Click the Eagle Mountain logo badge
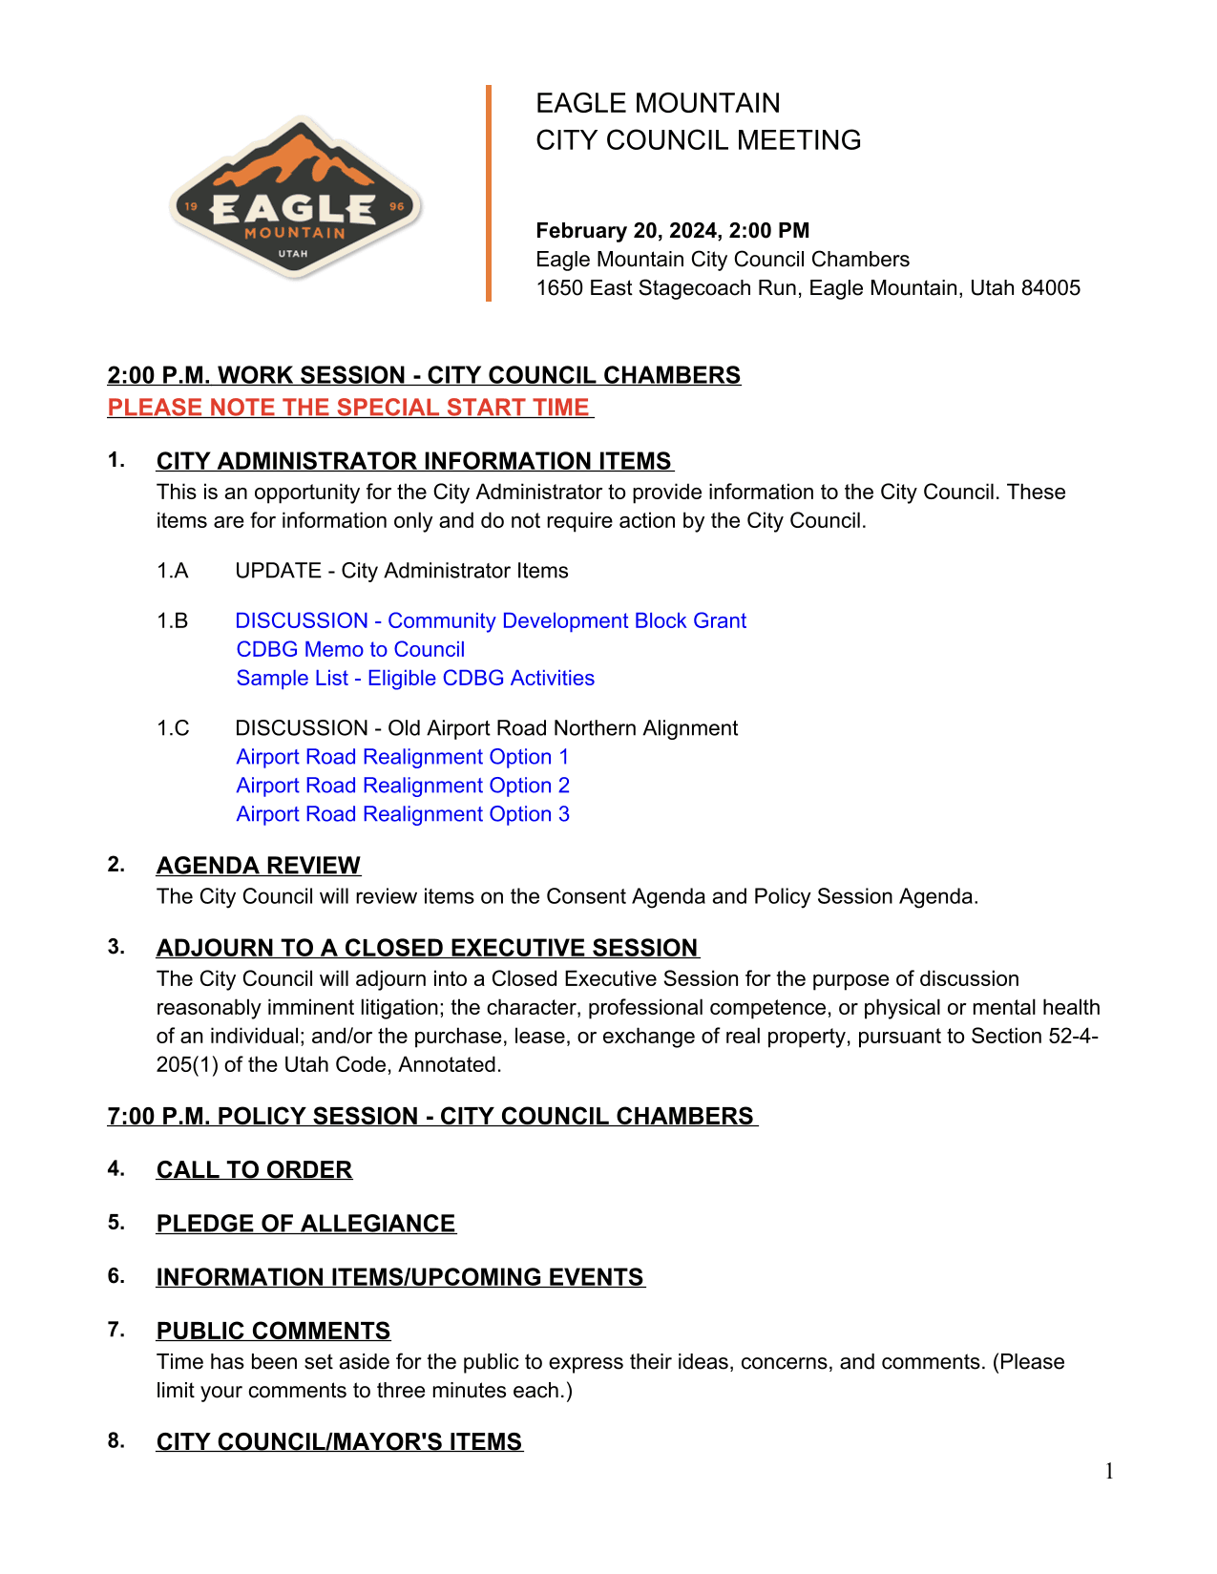tap(296, 199)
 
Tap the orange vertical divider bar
tap(489, 193)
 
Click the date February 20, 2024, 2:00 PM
tap(672, 231)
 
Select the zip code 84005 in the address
tap(1051, 288)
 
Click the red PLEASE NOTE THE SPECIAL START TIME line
tap(349, 408)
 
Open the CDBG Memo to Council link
tap(350, 650)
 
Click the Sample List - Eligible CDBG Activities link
tap(415, 679)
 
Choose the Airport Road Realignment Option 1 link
tap(402, 757)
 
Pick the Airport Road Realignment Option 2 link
tap(402, 786)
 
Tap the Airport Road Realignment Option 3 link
tap(402, 814)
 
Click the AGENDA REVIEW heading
tap(258, 866)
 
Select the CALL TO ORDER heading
tap(254, 1170)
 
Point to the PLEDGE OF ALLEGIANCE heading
tap(305, 1224)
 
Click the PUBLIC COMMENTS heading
tap(273, 1332)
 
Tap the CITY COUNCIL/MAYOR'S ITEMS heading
tap(339, 1442)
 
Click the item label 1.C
tap(173, 728)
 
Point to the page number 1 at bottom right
tap(1109, 1471)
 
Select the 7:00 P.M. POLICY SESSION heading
tap(431, 1117)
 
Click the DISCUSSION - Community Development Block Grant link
tap(491, 621)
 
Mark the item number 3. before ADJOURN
tap(115, 947)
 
